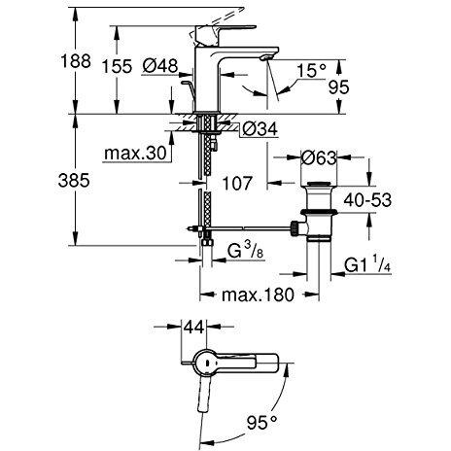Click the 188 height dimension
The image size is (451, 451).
point(76,60)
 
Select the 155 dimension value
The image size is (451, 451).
point(117,66)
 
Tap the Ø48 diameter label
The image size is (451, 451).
point(160,66)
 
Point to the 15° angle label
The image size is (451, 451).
point(312,70)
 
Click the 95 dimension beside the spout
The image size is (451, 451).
point(338,87)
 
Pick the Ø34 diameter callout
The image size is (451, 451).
point(260,129)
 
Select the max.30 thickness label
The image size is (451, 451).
point(135,153)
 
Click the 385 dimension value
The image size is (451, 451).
point(74,180)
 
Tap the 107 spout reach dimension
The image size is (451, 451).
point(237,183)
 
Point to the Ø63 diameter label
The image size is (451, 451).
point(319,157)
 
